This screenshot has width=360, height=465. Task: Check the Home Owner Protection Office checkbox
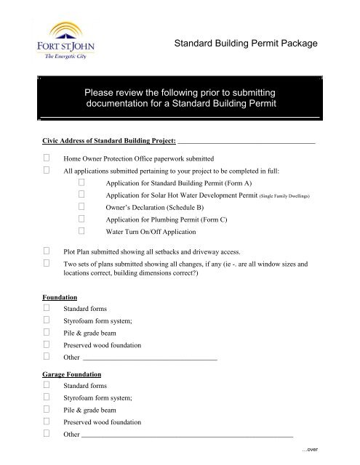(x=47, y=157)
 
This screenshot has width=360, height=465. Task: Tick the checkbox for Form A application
(x=81, y=183)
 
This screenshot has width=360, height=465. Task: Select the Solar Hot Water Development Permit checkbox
(x=81, y=195)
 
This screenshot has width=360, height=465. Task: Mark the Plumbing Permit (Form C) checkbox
(x=81, y=219)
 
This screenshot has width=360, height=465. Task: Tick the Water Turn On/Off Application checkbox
(x=81, y=232)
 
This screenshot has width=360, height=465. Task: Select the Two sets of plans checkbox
(x=47, y=264)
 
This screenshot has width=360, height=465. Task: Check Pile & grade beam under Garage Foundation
(x=47, y=410)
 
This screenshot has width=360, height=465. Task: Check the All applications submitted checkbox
(x=47, y=170)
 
